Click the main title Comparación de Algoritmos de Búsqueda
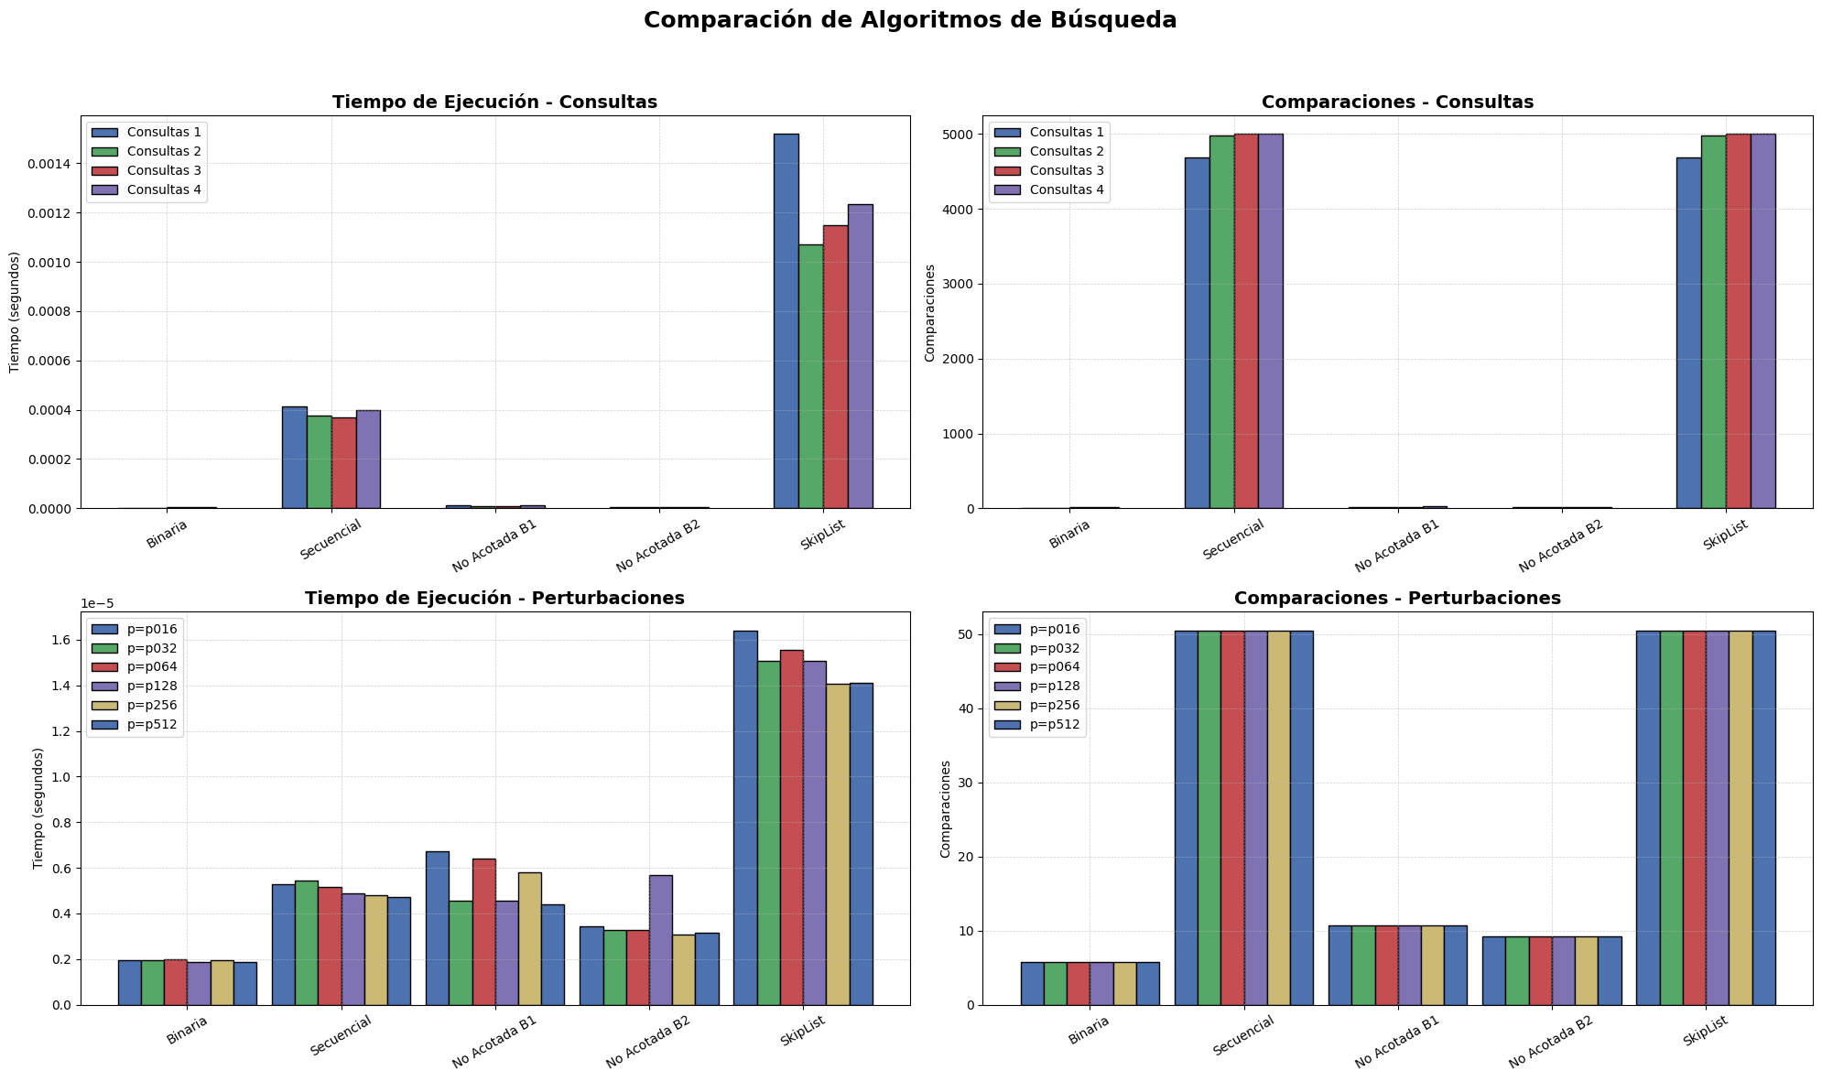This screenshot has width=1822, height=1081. point(910,20)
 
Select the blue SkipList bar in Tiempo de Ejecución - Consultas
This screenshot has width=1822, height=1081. point(786,320)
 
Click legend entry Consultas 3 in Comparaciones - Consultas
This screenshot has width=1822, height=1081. point(1067,171)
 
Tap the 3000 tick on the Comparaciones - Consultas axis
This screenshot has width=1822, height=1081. point(962,284)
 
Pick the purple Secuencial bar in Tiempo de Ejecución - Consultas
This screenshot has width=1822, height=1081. point(368,459)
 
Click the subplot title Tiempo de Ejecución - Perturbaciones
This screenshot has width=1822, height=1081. point(494,599)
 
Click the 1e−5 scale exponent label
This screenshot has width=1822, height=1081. point(98,604)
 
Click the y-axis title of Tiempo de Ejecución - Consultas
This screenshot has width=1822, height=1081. point(15,311)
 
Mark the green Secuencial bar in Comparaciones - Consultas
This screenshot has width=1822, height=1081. point(1221,321)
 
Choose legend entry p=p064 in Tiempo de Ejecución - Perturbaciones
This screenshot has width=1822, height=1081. point(152,667)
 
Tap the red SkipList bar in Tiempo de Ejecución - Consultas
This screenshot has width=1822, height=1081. point(835,366)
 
